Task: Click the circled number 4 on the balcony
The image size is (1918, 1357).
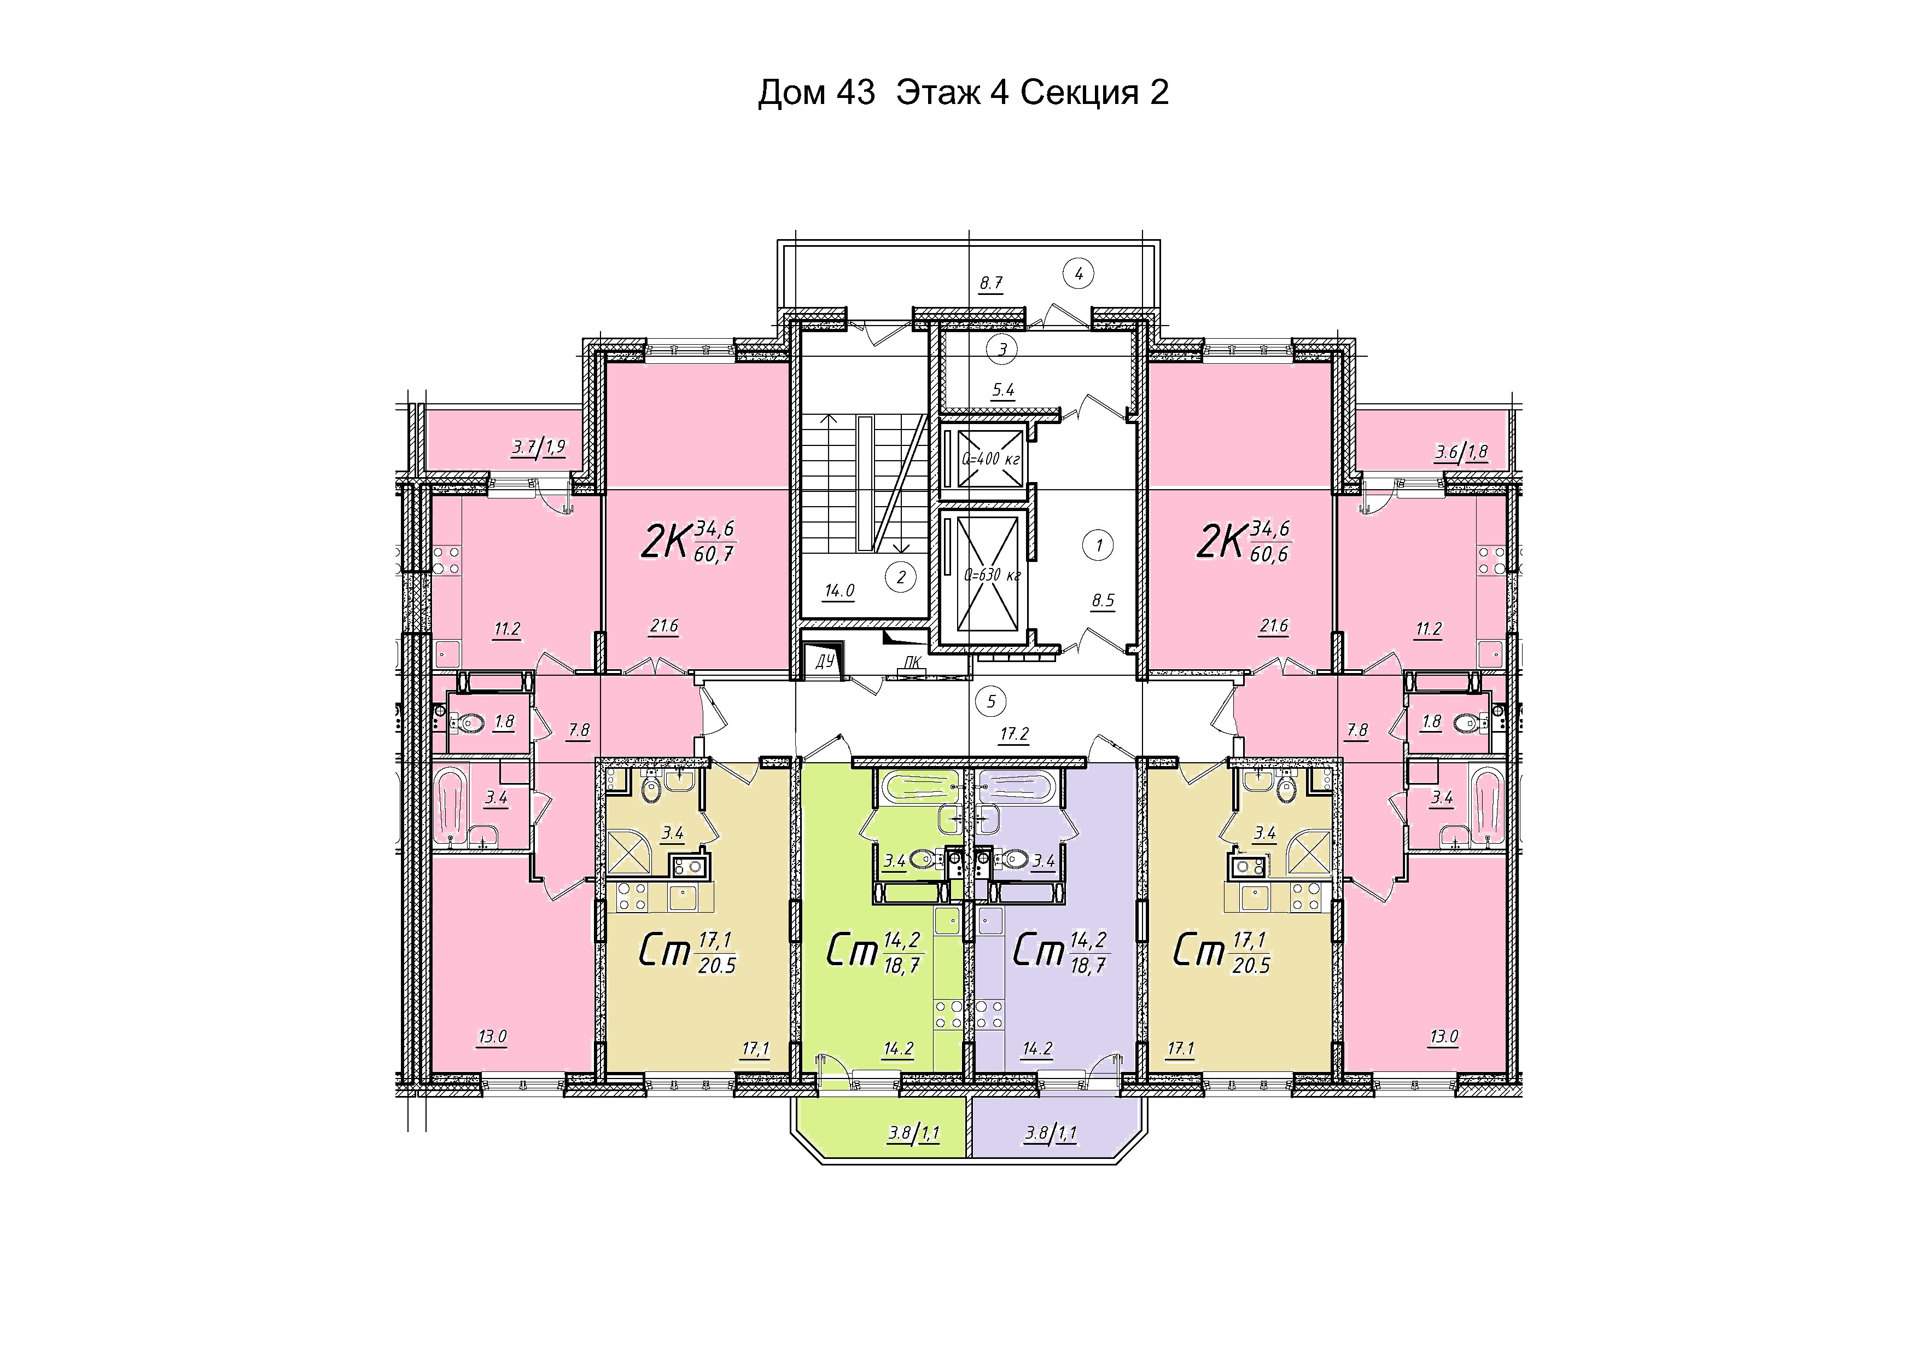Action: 1078,273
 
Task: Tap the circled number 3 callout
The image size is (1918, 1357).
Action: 1002,350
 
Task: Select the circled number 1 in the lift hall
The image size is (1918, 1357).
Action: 1099,547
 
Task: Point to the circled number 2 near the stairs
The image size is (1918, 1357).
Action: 901,577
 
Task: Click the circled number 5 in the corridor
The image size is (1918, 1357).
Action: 992,700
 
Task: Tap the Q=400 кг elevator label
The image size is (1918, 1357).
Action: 991,459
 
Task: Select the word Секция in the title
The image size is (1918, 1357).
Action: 1079,93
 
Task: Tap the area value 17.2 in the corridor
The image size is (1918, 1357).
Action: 1014,734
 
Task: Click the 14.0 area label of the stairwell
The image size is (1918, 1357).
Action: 839,591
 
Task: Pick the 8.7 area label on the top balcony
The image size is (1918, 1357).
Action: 991,283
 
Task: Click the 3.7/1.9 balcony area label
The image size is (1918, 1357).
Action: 539,447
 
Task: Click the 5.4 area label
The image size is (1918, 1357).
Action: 1002,390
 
